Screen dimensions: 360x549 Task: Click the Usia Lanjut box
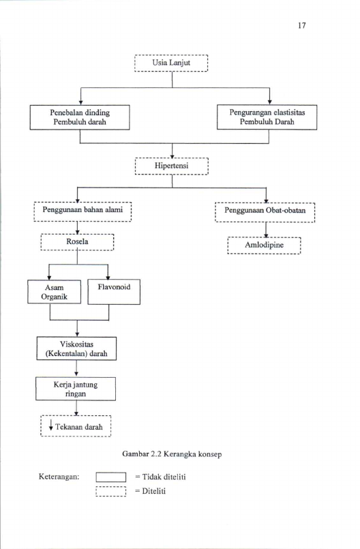(x=171, y=63)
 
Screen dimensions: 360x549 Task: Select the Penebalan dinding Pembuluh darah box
(x=80, y=117)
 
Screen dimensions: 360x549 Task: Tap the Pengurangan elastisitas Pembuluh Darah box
(x=267, y=117)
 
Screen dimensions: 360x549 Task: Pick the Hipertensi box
(x=172, y=166)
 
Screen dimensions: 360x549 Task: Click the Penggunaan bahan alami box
(x=82, y=211)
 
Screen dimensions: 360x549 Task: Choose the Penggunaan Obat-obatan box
(x=265, y=212)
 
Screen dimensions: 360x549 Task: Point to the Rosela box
(x=78, y=242)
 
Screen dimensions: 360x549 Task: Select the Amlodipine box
(x=264, y=245)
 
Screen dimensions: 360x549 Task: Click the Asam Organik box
(x=55, y=292)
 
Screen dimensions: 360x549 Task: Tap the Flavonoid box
(x=114, y=292)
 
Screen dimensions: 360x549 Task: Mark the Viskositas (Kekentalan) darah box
(x=76, y=348)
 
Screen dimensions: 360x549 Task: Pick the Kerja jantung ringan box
(x=76, y=389)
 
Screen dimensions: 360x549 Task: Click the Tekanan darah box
(x=76, y=426)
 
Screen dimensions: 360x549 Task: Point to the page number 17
(x=302, y=25)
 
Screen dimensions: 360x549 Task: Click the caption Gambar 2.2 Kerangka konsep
(x=172, y=454)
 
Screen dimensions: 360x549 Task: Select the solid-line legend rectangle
(x=111, y=477)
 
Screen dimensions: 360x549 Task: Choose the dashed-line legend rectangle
(x=111, y=492)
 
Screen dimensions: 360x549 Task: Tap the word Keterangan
(x=59, y=477)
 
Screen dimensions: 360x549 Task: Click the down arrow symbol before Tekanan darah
(x=51, y=426)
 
